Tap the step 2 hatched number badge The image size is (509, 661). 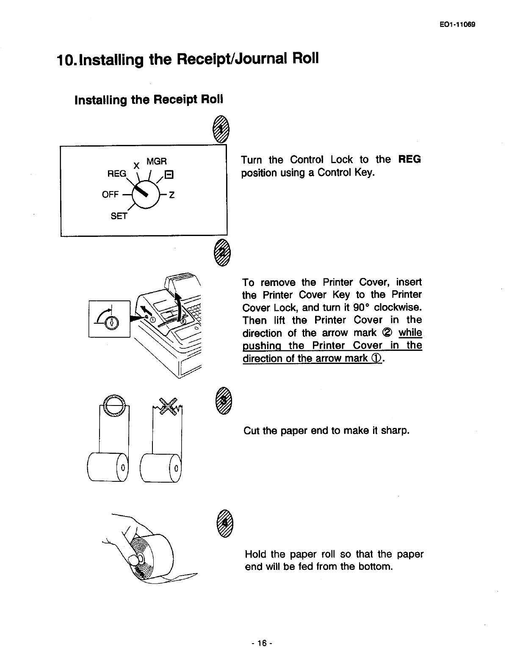(221, 254)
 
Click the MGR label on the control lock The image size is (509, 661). (157, 161)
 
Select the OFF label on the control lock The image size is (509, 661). (110, 194)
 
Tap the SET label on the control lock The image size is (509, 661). (119, 216)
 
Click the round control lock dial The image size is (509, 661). (145, 194)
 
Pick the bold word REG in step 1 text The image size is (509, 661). (409, 159)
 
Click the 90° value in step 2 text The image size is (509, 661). (361, 307)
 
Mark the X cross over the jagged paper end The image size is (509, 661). (169, 408)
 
